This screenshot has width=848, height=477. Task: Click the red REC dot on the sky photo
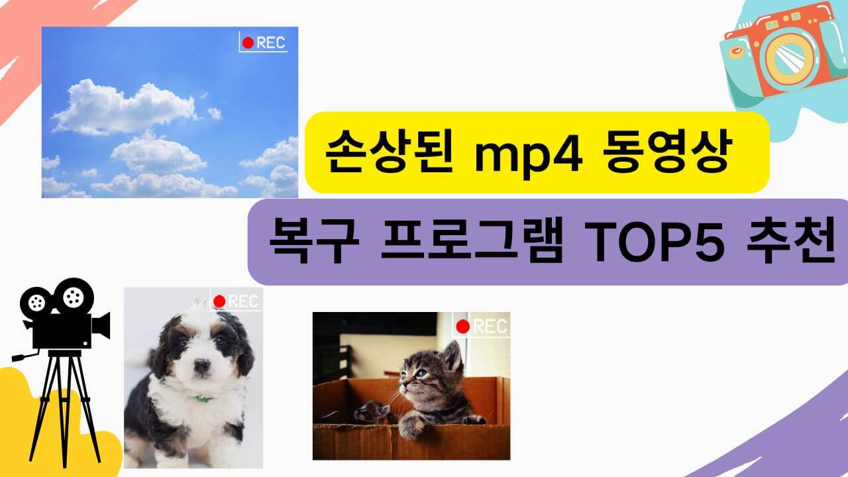(248, 43)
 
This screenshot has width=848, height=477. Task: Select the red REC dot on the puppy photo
(219, 301)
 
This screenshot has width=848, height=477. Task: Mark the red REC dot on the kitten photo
(463, 326)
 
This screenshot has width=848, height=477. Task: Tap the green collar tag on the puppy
(203, 399)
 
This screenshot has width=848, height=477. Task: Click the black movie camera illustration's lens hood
(101, 325)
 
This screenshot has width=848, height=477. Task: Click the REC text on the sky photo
(270, 43)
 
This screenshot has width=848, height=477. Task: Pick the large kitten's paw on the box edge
(410, 428)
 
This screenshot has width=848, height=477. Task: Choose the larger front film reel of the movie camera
(74, 296)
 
